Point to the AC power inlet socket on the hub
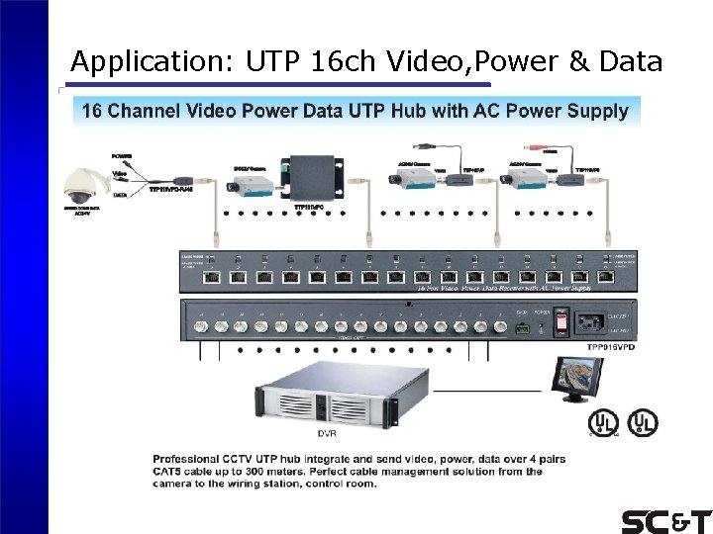[602, 321]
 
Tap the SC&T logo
[665, 521]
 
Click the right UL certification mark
[645, 422]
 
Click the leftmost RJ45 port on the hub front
[211, 278]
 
